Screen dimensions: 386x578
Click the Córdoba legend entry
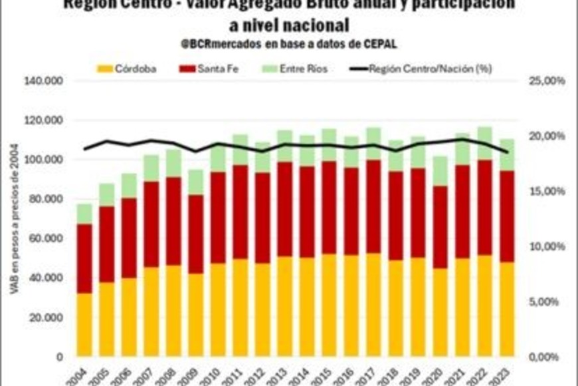point(127,69)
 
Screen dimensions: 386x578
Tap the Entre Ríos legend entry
point(296,69)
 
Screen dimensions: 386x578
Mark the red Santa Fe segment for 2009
point(196,234)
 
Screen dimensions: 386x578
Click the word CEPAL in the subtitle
point(379,44)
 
